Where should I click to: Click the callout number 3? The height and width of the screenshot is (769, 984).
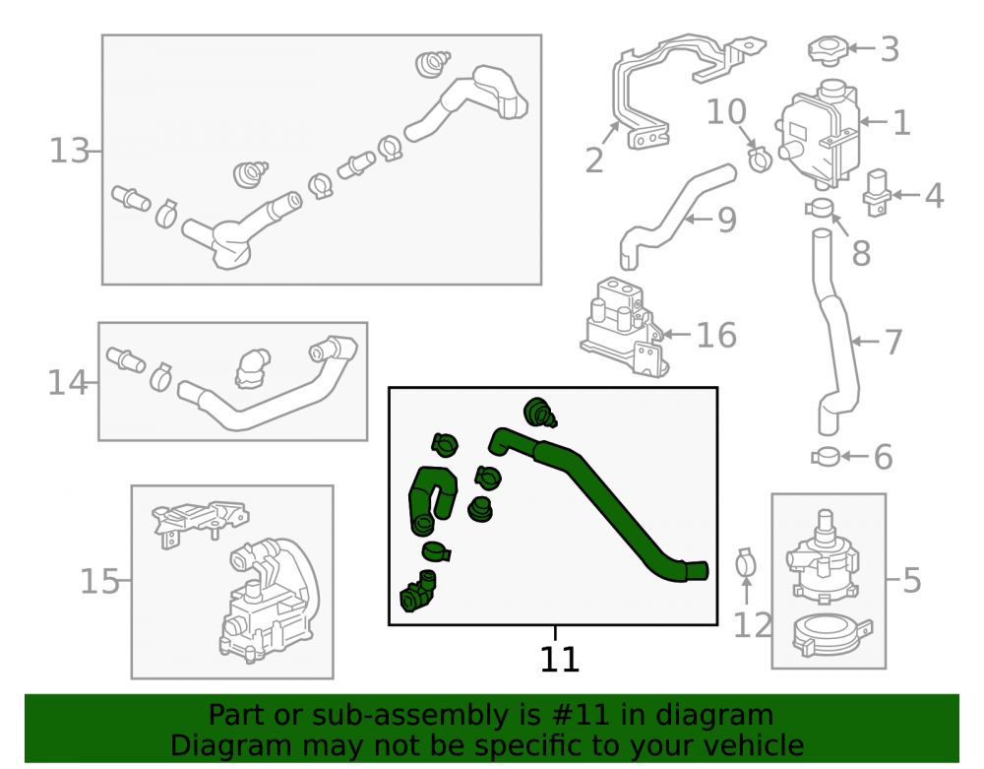coord(890,49)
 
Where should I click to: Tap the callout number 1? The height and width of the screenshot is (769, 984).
coord(901,122)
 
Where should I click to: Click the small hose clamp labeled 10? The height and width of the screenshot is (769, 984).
coord(760,159)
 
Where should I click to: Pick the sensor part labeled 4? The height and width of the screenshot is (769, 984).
coord(878,192)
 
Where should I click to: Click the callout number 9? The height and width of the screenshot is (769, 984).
coord(727,220)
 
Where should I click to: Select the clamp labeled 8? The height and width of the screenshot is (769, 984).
coord(820,207)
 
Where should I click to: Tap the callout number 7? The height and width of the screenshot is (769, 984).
coord(893,342)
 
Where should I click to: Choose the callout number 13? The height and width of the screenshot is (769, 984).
coord(69,152)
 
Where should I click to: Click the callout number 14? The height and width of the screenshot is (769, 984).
coord(67,383)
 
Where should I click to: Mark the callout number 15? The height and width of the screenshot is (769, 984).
coord(99,581)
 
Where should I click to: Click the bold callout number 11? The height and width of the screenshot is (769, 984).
coord(559,659)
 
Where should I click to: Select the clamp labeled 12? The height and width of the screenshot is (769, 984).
coord(746,563)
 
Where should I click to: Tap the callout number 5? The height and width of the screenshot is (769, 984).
coord(912,580)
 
